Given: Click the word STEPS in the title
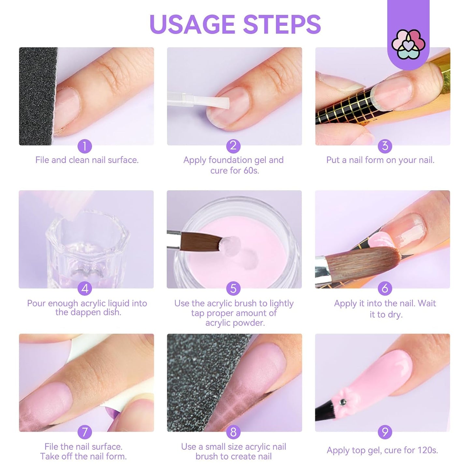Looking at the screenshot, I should (x=282, y=24).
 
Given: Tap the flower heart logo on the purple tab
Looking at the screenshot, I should (x=408, y=44).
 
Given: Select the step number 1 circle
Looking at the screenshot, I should (x=85, y=146).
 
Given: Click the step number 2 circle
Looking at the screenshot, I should (x=233, y=146).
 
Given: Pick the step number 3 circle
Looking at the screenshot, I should (x=385, y=146).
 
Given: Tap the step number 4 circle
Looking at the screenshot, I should (x=85, y=288).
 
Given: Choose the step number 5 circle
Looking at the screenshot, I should (x=233, y=288).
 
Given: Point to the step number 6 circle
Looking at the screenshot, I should (x=385, y=288).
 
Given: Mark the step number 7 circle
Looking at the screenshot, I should (x=85, y=432).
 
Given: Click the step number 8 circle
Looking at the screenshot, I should (x=233, y=432).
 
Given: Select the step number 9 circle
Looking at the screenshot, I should (x=385, y=432).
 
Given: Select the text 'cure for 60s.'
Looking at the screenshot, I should (x=235, y=170).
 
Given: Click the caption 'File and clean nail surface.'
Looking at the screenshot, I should (x=87, y=160).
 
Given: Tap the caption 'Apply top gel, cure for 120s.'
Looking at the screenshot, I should (x=382, y=450).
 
